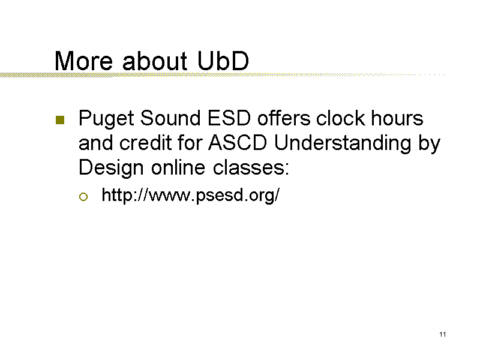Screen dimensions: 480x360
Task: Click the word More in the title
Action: click(83, 61)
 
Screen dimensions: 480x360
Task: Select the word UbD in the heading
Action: click(223, 61)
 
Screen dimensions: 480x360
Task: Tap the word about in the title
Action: click(155, 61)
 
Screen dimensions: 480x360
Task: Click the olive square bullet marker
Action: click(60, 120)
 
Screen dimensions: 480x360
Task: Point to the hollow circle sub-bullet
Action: click(83, 197)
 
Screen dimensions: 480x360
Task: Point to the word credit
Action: click(145, 143)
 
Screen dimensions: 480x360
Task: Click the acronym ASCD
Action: click(238, 143)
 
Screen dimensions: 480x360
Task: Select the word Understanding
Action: click(343, 144)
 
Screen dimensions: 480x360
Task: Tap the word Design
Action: click(111, 169)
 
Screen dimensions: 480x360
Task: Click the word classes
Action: click(251, 167)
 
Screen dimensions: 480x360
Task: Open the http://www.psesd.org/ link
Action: click(190, 196)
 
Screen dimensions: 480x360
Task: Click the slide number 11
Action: click(443, 334)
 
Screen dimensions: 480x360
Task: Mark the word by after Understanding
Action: click(429, 144)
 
